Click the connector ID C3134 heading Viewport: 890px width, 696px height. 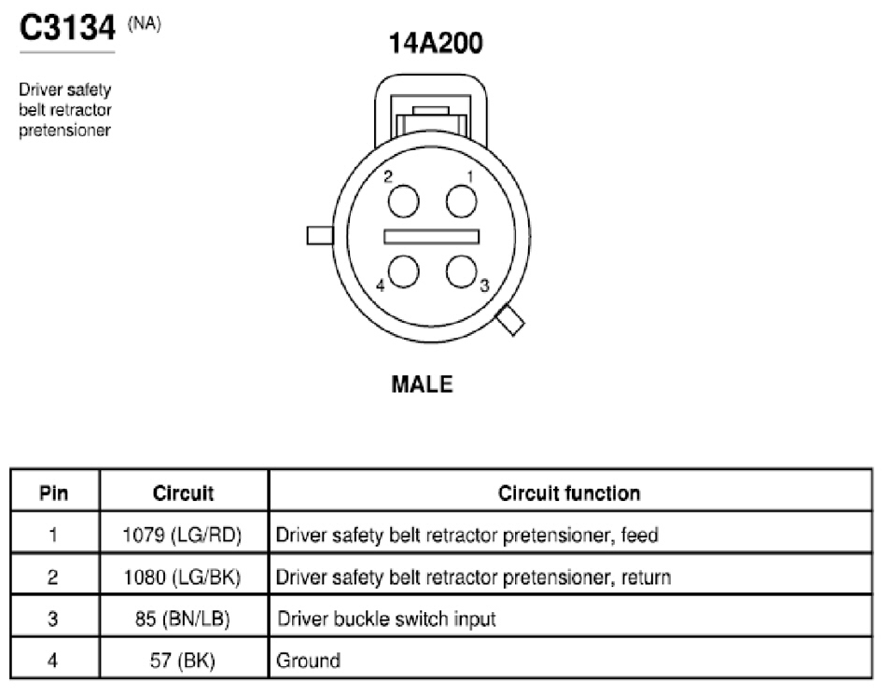click(x=67, y=27)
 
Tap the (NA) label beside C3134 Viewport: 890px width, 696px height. click(x=145, y=24)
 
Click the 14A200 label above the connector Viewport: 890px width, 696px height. click(x=436, y=43)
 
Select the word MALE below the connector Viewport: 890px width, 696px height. click(x=423, y=384)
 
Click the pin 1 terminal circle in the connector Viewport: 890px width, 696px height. click(x=461, y=202)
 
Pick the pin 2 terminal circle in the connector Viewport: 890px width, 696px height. click(x=404, y=202)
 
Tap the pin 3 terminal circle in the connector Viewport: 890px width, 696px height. click(x=461, y=271)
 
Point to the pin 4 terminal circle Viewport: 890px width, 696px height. click(x=404, y=271)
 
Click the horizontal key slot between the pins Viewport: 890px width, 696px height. click(x=431, y=237)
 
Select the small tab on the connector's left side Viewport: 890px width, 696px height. click(x=320, y=236)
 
